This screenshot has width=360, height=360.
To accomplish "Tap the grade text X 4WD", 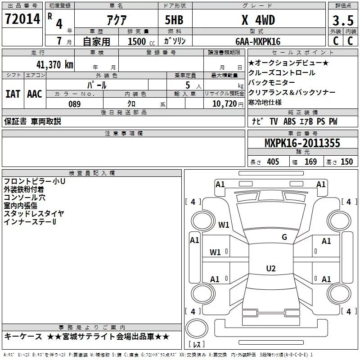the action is pyautogui.click(x=258, y=20).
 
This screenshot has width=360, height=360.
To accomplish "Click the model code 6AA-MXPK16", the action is pyautogui.click(x=258, y=41).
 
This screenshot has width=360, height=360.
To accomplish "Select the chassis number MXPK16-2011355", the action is pyautogui.click(x=302, y=144).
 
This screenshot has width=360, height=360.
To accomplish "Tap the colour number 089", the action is pyautogui.click(x=74, y=104).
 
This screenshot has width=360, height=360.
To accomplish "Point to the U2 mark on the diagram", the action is pyautogui.click(x=270, y=269).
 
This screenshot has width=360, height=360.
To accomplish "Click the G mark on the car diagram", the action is pyautogui.click(x=284, y=237).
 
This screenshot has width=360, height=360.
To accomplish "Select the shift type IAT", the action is pyautogui.click(x=13, y=94).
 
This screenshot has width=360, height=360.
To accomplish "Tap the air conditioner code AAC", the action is pyautogui.click(x=34, y=94).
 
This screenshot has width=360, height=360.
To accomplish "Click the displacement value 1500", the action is pyautogui.click(x=137, y=42).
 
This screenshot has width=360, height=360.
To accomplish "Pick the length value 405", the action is pyautogui.click(x=273, y=162).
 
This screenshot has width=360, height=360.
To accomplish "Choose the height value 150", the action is pyautogui.click(x=346, y=162).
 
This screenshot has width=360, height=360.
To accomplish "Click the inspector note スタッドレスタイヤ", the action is pyautogui.click(x=34, y=214).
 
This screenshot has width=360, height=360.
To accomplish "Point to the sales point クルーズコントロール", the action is pyautogui.click(x=282, y=72).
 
